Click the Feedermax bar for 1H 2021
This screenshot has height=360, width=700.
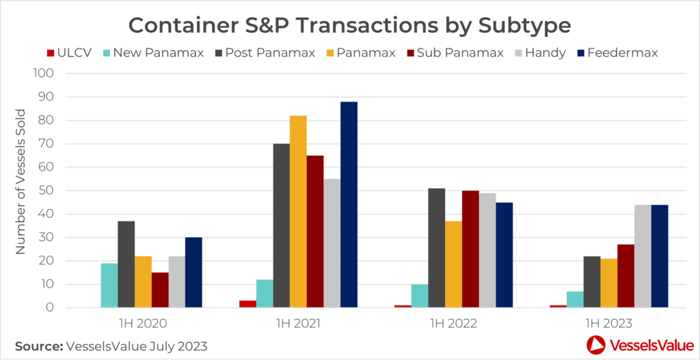point(349,205)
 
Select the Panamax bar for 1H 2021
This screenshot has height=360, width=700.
point(298,212)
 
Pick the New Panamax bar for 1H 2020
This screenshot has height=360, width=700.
point(109,286)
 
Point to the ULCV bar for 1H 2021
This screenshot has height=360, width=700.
point(247,304)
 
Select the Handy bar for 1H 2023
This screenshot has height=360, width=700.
point(643,256)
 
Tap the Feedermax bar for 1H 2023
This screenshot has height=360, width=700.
point(660,256)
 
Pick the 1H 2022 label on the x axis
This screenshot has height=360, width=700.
point(454,323)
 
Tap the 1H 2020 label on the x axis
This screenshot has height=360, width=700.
point(143,323)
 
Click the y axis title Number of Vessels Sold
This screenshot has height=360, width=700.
point(21,182)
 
